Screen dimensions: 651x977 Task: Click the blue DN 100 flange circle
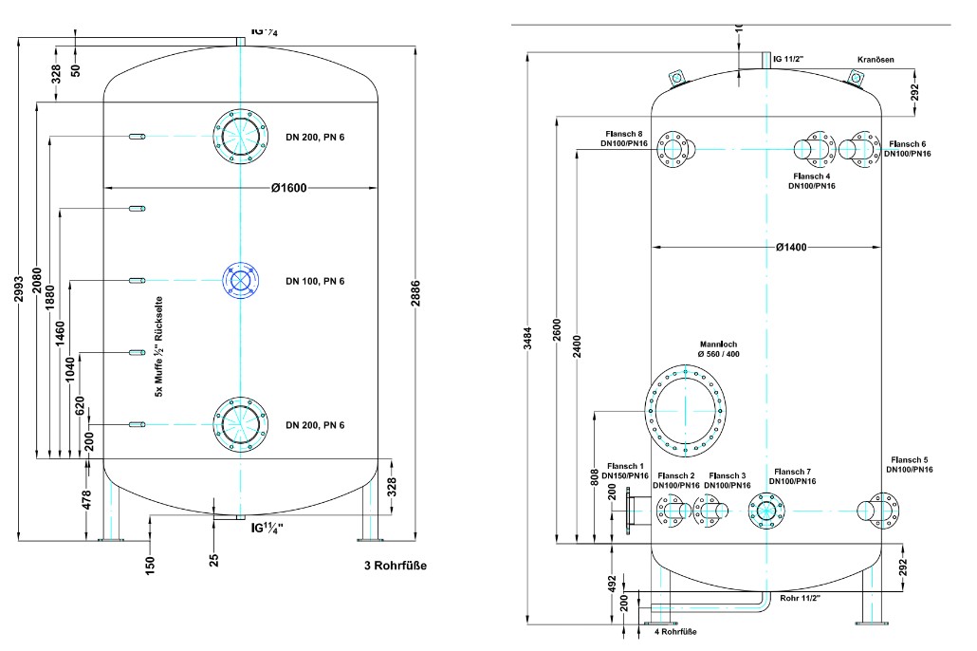click(240, 280)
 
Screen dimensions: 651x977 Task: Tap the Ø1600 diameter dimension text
click(288, 188)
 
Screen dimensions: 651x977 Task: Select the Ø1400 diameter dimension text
click(790, 247)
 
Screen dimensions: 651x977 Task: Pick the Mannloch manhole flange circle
click(684, 410)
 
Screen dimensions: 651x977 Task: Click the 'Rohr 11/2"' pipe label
click(800, 599)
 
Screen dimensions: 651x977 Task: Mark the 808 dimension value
click(593, 477)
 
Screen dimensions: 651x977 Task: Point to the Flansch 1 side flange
click(626, 510)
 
